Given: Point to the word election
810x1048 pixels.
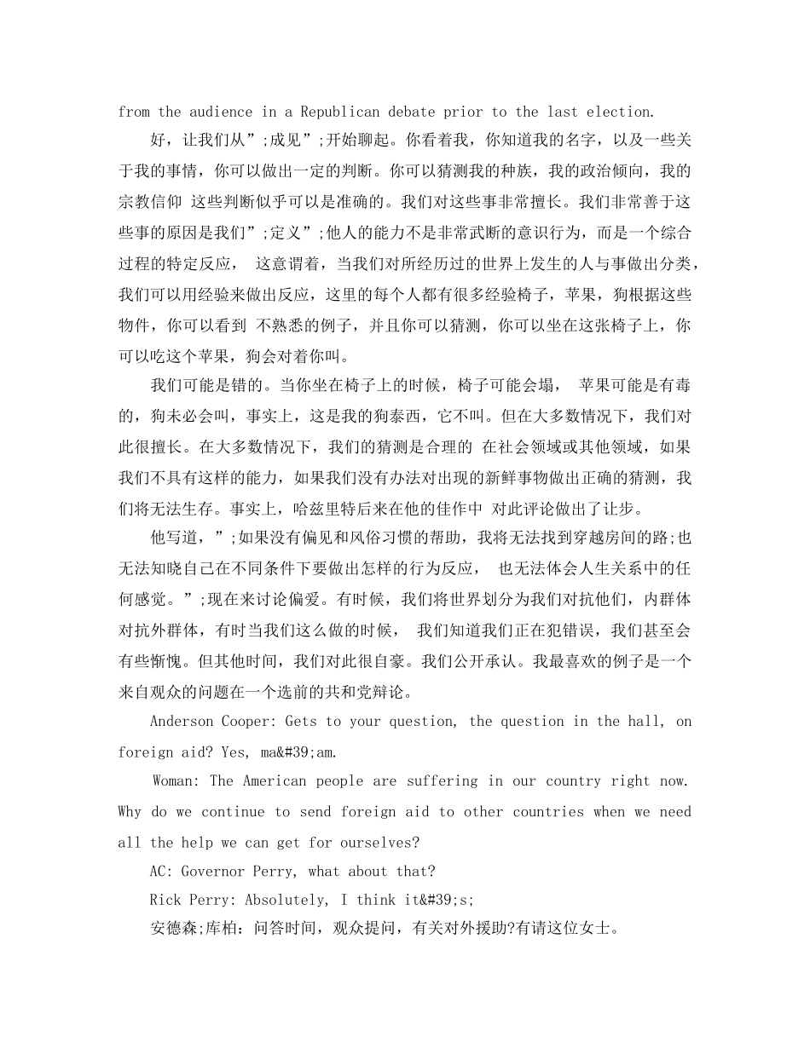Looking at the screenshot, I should coord(620,112).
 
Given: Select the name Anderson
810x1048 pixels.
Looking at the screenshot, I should coord(183,722).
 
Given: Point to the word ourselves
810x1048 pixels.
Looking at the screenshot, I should coord(379,843).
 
